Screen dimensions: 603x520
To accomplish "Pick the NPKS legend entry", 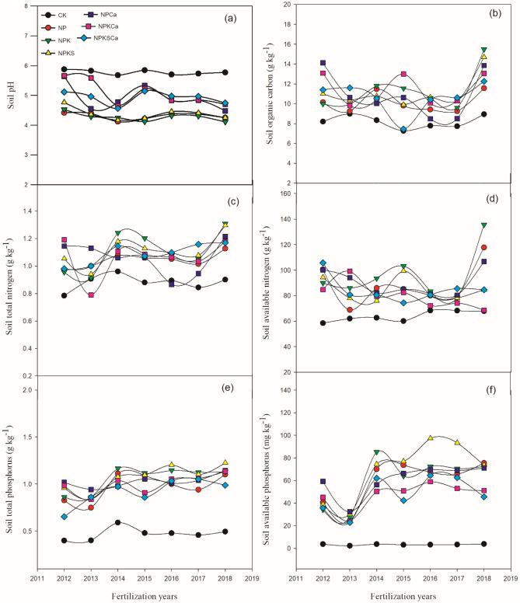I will (x=56, y=52).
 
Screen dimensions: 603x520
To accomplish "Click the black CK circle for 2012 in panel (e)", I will (x=64, y=540).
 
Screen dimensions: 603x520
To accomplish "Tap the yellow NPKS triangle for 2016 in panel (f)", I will (x=430, y=438).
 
